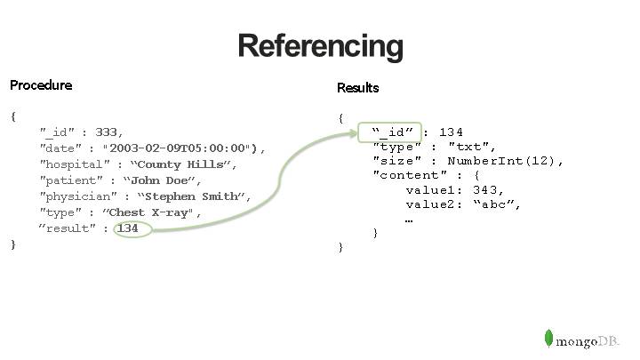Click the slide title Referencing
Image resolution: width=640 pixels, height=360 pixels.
[x=320, y=45]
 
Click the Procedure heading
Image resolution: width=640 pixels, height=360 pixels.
[x=41, y=85]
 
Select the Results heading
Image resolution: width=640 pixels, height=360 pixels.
[x=357, y=88]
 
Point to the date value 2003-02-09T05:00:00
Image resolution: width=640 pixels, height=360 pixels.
[x=180, y=148]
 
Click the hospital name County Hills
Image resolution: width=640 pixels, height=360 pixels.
[x=181, y=164]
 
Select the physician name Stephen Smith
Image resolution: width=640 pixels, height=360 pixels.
[x=192, y=196]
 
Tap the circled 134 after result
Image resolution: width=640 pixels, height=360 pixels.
[x=129, y=228]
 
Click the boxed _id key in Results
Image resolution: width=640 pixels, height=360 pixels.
[x=391, y=132]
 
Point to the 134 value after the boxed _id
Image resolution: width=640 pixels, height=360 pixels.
[x=451, y=132]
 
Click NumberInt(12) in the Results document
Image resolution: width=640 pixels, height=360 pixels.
[x=504, y=161]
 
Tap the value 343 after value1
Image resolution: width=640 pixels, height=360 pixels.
[x=488, y=189]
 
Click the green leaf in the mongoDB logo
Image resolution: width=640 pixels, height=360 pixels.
[x=548, y=338]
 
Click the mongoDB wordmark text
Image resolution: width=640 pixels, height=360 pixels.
[x=588, y=340]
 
